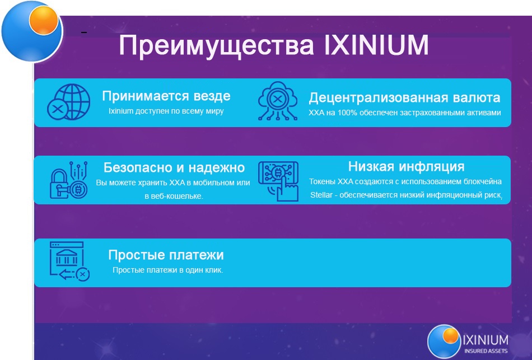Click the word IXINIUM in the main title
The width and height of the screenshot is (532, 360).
377,45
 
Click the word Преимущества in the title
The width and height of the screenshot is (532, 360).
217,46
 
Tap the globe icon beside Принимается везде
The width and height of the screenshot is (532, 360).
69,102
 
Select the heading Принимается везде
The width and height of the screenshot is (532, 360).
166,96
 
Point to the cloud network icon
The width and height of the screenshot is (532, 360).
278,101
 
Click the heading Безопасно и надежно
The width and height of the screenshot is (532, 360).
174,167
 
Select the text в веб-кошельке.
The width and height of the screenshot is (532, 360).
174,196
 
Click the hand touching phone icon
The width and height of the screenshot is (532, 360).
278,181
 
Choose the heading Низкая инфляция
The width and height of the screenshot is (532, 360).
406,167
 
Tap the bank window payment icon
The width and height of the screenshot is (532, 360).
69,261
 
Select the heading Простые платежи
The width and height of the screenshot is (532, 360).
166,255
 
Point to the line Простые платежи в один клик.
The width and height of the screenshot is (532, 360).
168,270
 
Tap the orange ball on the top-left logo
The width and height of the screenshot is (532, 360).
44,20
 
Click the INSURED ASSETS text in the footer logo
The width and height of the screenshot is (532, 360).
486,351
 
